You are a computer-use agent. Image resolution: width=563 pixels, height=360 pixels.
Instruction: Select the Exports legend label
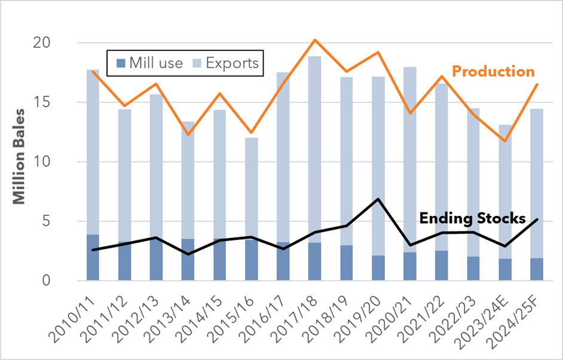click(x=232, y=63)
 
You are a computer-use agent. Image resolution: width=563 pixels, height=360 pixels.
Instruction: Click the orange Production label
click(x=493, y=72)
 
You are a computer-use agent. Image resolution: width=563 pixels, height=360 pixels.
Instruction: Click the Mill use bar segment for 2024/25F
click(x=537, y=270)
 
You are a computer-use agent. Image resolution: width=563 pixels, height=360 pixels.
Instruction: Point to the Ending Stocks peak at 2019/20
click(x=378, y=199)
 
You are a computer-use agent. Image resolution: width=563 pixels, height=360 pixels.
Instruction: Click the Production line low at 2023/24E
click(x=505, y=141)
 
